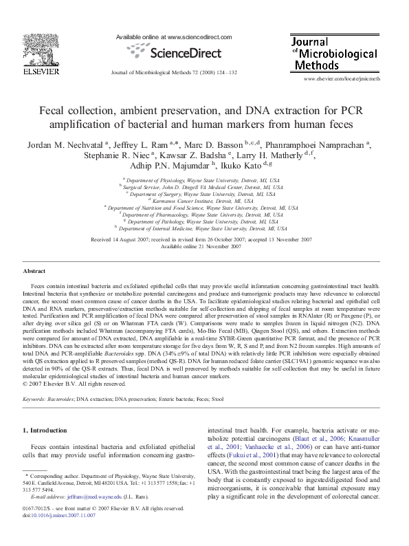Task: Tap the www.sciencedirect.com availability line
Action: click(x=174, y=36)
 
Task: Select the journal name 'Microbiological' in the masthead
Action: click(x=339, y=53)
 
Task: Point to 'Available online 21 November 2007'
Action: click(x=204, y=246)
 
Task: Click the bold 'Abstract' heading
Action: click(x=34, y=272)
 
